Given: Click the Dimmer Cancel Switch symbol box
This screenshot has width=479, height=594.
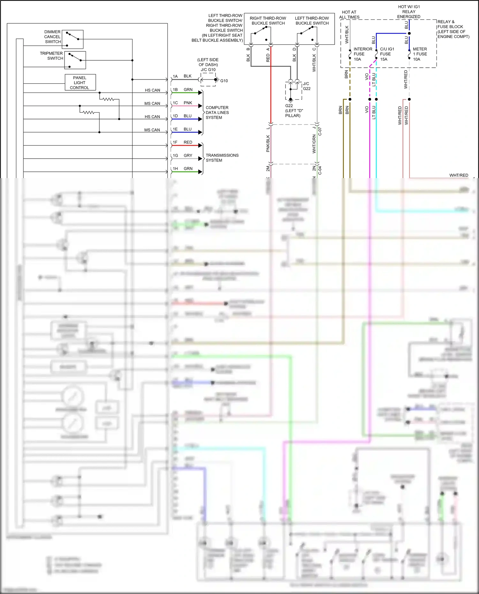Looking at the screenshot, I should pos(72,39).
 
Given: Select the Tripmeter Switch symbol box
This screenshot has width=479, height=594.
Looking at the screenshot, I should pos(75,60).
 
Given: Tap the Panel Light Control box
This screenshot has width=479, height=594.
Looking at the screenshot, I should pos(80,82).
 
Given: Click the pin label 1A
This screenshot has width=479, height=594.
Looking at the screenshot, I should pos(175,77).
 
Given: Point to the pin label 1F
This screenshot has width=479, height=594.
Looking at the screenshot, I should pos(175,142).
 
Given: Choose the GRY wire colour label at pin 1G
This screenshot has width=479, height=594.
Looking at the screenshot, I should pos(188,156).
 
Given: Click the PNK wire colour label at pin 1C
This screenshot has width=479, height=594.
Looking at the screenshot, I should pos(188,103).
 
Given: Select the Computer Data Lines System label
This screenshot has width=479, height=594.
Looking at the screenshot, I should pos(217,113).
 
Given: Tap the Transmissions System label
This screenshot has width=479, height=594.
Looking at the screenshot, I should pos(222,158).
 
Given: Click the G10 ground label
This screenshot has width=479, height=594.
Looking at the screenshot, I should pos(224,81).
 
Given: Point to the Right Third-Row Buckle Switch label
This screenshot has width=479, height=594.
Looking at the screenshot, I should pos(268,21).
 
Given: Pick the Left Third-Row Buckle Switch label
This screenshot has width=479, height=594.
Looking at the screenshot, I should pos(312,21).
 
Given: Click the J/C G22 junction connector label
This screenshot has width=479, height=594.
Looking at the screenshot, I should pos(306,86).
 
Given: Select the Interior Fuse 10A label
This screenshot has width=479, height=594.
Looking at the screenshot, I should pos(362,54).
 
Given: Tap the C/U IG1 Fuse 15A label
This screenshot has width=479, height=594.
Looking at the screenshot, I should pos(387,54).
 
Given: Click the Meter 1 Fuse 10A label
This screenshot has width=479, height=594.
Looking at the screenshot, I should pos(420,54).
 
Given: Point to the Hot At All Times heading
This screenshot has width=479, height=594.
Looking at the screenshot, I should pos(349,15).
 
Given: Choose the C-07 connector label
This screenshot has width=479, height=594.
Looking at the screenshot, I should pos(320,132).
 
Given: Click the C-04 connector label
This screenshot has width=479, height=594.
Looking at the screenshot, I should pos(320,170).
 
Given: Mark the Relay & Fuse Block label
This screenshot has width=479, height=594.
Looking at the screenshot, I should pos(453,29).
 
